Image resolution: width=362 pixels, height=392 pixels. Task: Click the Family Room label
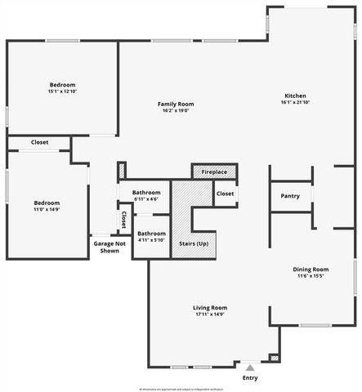(176, 104)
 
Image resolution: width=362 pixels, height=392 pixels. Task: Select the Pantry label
(290, 196)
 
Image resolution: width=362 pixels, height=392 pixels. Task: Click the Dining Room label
(311, 269)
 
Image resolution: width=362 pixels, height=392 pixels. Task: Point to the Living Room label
(210, 307)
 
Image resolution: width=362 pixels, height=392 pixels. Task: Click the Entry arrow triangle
(250, 367)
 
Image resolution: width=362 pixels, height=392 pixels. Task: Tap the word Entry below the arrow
(250, 378)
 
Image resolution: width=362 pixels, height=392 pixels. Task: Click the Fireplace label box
(214, 172)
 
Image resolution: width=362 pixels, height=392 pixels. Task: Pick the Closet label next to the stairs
(226, 194)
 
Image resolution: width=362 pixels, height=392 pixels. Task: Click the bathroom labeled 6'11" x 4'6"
(146, 193)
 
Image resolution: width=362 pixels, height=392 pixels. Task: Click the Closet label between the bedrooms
(39, 142)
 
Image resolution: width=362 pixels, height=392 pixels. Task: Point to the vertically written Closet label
(123, 219)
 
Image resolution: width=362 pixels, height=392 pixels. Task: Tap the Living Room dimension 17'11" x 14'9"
(210, 314)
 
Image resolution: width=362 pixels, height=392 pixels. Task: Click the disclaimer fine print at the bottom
(181, 389)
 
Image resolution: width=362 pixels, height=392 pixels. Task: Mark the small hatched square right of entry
(275, 358)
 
